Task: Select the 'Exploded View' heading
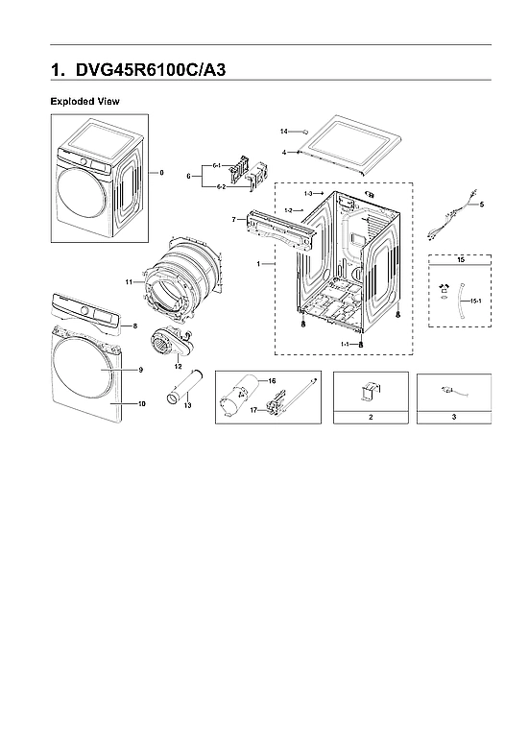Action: [x=84, y=101]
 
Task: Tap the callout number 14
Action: [x=284, y=131]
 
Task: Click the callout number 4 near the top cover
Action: [x=285, y=152]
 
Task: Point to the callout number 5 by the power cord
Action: [x=482, y=205]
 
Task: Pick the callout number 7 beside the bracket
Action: [x=233, y=220]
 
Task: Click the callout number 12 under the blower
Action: [x=178, y=366]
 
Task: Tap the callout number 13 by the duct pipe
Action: [x=186, y=407]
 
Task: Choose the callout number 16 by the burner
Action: [x=271, y=381]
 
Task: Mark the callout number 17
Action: [x=253, y=410]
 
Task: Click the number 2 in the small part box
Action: [x=370, y=418]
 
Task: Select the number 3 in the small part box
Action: [x=454, y=418]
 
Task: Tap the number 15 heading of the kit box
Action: [x=460, y=260]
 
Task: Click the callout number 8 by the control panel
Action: [x=134, y=326]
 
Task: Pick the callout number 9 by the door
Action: [x=140, y=370]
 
